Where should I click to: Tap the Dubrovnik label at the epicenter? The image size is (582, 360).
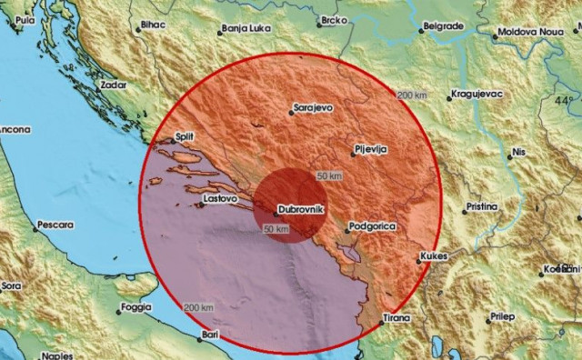click(296, 208)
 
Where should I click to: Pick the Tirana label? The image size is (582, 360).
click(397, 318)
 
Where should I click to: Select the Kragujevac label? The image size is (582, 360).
click(478, 95)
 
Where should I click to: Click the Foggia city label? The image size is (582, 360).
click(135, 307)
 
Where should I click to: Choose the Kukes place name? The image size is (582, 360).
click(436, 259)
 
